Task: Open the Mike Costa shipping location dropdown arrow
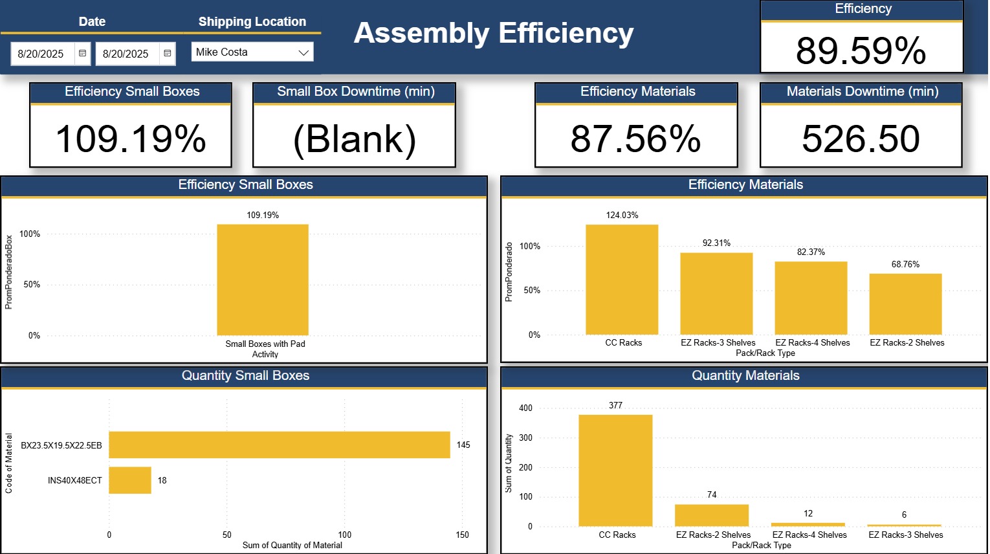(x=303, y=52)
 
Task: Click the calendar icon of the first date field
(x=82, y=54)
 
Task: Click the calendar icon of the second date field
(x=167, y=54)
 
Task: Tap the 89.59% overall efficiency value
(x=861, y=50)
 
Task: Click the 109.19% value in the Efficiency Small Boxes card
(x=131, y=138)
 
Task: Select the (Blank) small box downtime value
(x=354, y=138)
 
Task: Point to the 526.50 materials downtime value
(x=861, y=138)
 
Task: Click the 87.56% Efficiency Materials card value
(x=635, y=138)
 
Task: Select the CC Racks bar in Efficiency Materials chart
(x=622, y=280)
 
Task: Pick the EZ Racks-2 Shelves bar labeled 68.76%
(x=905, y=304)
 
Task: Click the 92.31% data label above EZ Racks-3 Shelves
(x=716, y=243)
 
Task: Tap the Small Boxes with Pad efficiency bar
(x=263, y=280)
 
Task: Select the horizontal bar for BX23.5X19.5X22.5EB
(x=280, y=445)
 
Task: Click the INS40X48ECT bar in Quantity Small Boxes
(x=130, y=480)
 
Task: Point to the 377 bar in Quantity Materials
(x=615, y=471)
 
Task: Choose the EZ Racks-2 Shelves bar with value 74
(x=712, y=515)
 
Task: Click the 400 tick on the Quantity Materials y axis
(x=525, y=408)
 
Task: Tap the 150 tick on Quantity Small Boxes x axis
(x=462, y=535)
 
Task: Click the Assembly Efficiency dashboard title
(x=494, y=34)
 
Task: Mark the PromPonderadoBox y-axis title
(x=9, y=272)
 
